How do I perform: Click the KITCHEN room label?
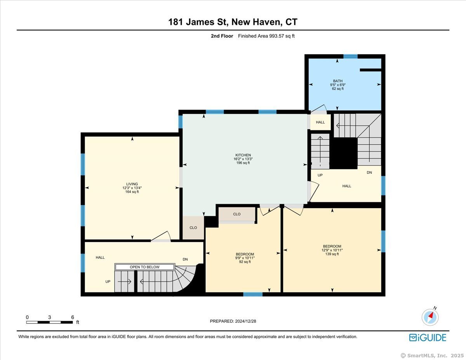point(245,155)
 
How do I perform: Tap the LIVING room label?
point(132,184)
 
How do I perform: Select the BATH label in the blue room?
point(337,81)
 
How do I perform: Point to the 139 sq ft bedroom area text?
point(332,254)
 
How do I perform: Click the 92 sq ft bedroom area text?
point(245,262)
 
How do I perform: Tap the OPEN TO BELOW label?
point(144,267)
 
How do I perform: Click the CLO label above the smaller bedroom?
point(236,214)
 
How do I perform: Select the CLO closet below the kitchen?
point(193,228)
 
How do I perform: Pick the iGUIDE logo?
point(428,337)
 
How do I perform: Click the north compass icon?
point(430,317)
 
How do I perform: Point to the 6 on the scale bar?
point(72,317)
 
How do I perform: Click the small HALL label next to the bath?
point(320,122)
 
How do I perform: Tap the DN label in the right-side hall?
point(369,172)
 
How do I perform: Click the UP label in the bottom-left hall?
point(108,282)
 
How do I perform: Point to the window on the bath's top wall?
point(350,56)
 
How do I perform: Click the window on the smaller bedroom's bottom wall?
point(253,294)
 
